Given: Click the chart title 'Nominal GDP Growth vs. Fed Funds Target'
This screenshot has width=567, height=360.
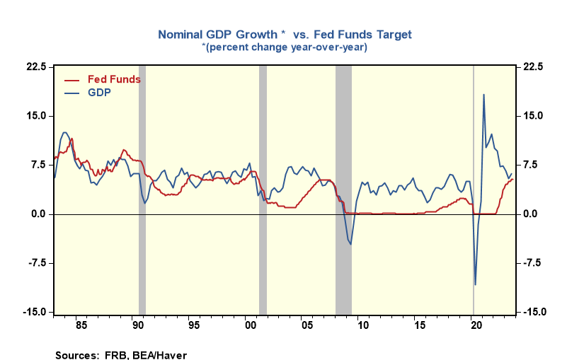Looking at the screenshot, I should tap(284, 34).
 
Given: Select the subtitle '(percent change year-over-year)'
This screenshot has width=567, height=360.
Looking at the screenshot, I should tap(284, 47).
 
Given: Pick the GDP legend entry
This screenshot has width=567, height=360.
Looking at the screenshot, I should tap(99, 92).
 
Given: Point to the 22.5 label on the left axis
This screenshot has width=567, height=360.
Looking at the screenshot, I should tap(37, 67).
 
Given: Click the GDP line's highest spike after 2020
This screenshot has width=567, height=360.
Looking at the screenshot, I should tap(483, 94).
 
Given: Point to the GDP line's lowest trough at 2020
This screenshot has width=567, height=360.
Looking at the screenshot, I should tap(475, 285).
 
